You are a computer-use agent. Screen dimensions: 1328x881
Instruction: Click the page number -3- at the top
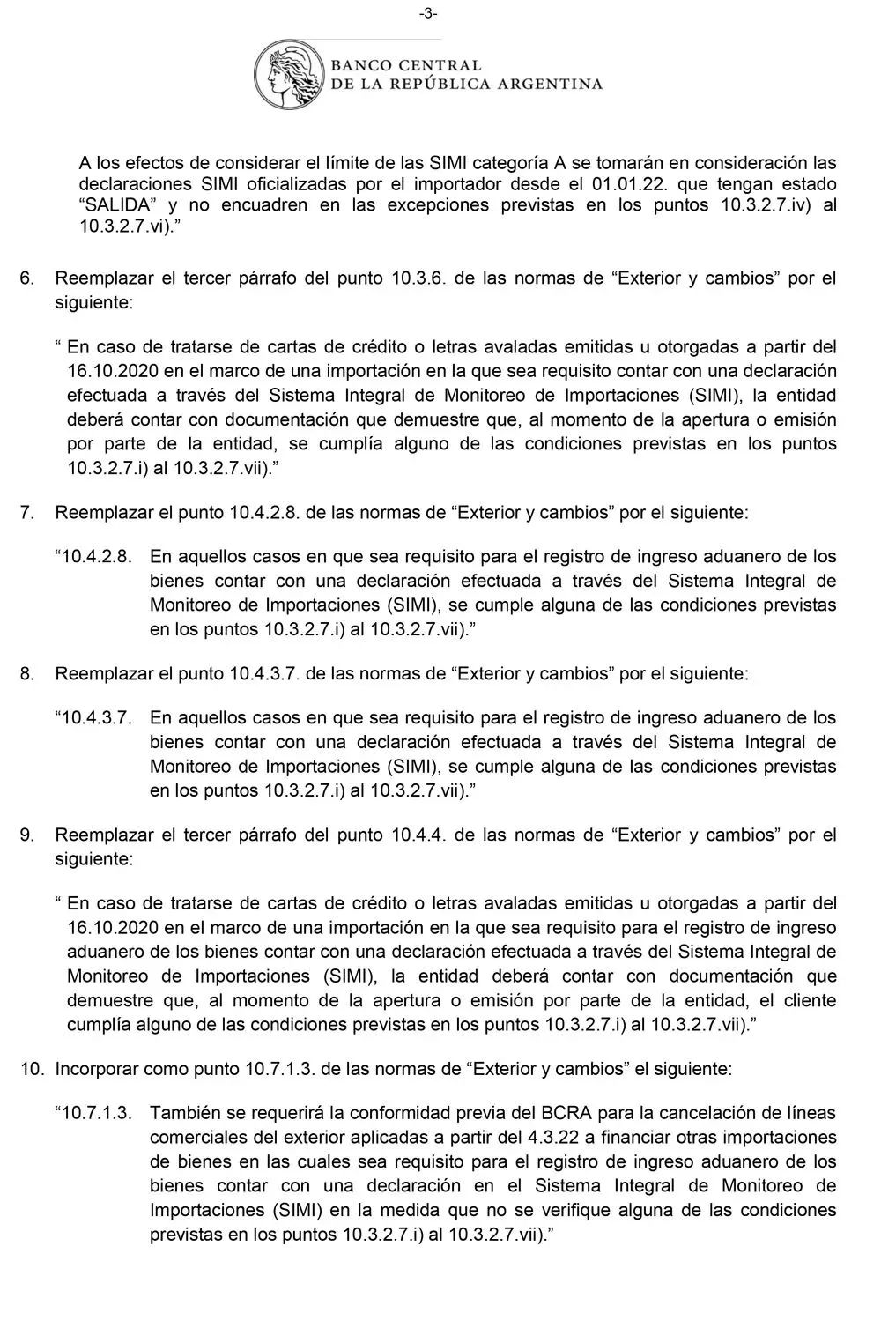[x=428, y=13]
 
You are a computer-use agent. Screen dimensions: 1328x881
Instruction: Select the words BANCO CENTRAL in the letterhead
[x=406, y=65]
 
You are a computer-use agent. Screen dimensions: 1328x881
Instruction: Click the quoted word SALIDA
[x=116, y=205]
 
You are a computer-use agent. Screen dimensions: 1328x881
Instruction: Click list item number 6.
[x=27, y=278]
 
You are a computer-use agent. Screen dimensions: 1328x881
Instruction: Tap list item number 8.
[x=27, y=674]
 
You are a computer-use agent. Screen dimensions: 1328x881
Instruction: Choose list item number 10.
[x=32, y=1069]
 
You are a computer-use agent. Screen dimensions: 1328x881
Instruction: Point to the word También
[x=185, y=1113]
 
